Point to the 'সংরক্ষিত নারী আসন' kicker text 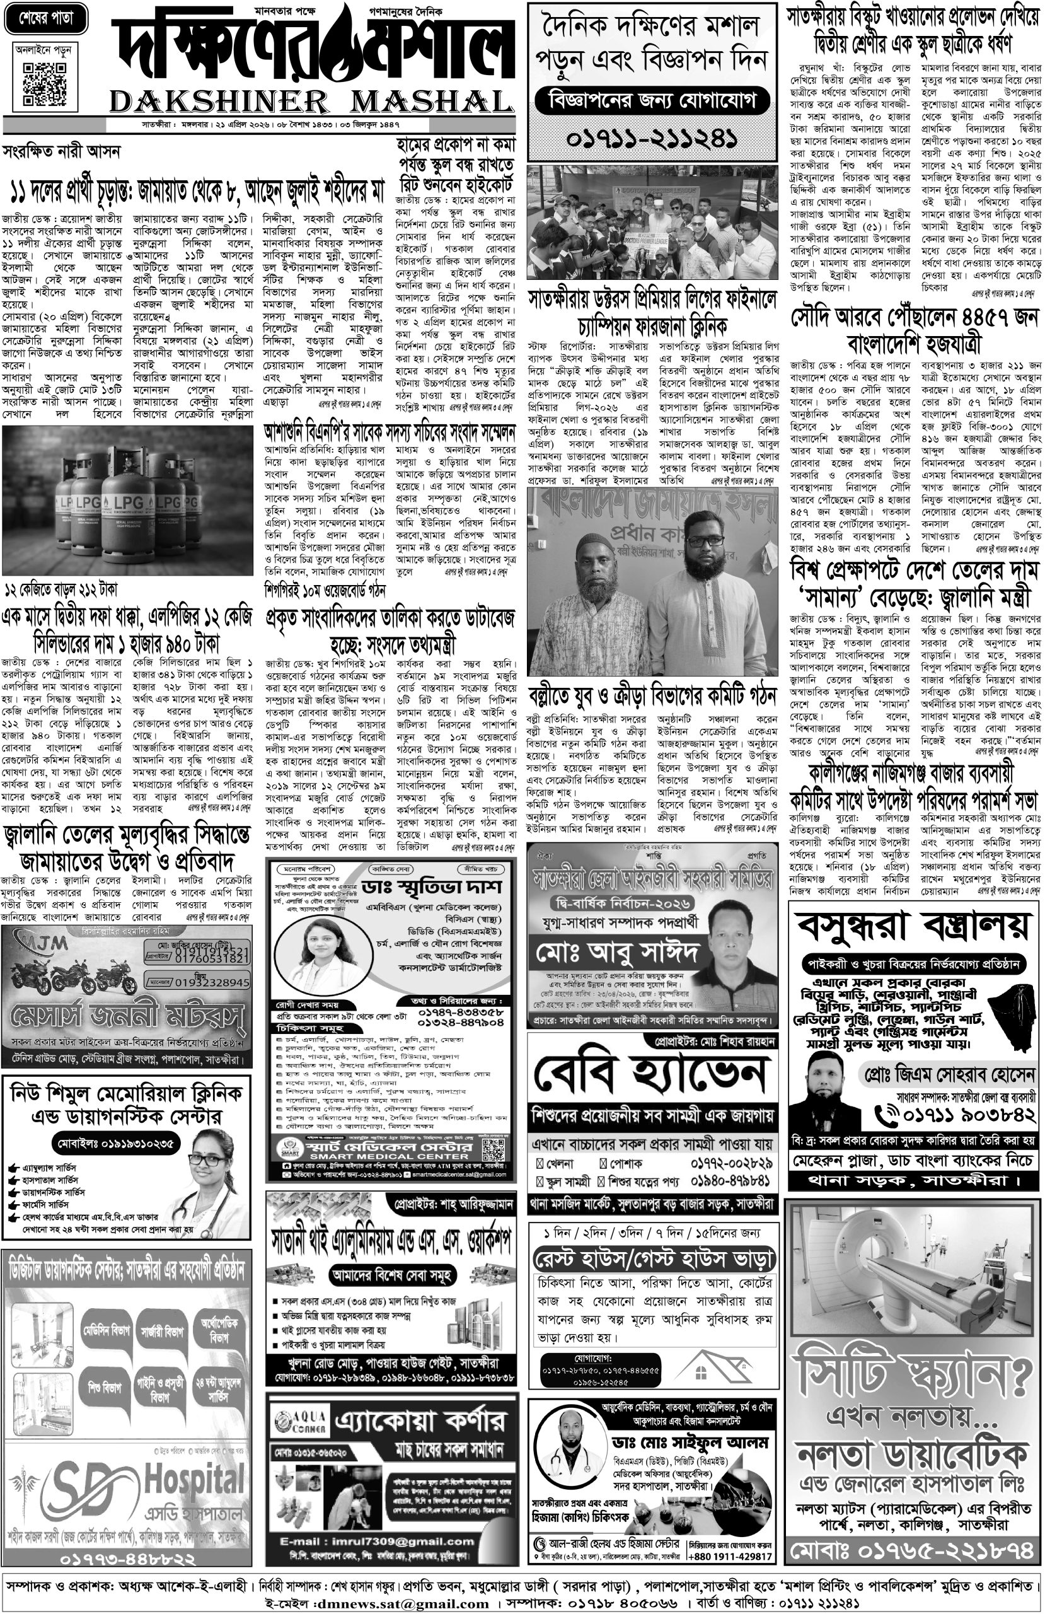click(x=61, y=151)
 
